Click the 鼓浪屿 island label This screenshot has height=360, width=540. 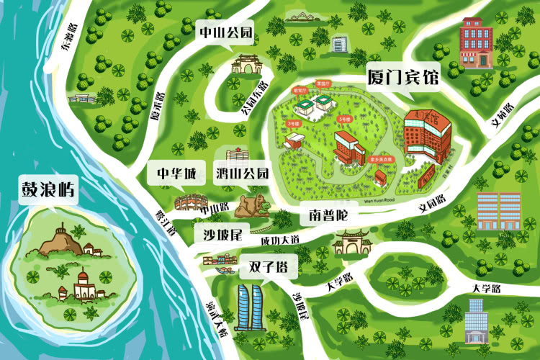[x=48, y=190]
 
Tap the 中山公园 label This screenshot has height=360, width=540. [x=226, y=32]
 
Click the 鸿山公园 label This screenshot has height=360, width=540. [x=242, y=174]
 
